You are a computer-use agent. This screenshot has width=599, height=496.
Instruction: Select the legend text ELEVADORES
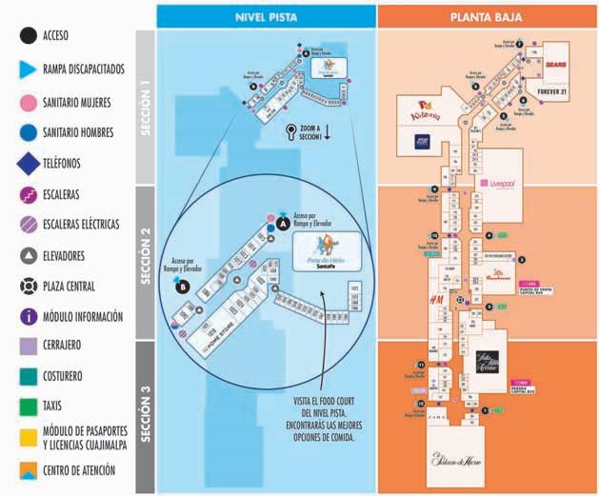65,256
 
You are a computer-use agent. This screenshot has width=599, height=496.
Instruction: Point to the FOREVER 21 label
551,92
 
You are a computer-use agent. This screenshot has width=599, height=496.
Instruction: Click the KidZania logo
422,110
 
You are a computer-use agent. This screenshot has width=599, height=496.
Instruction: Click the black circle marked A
284,223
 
